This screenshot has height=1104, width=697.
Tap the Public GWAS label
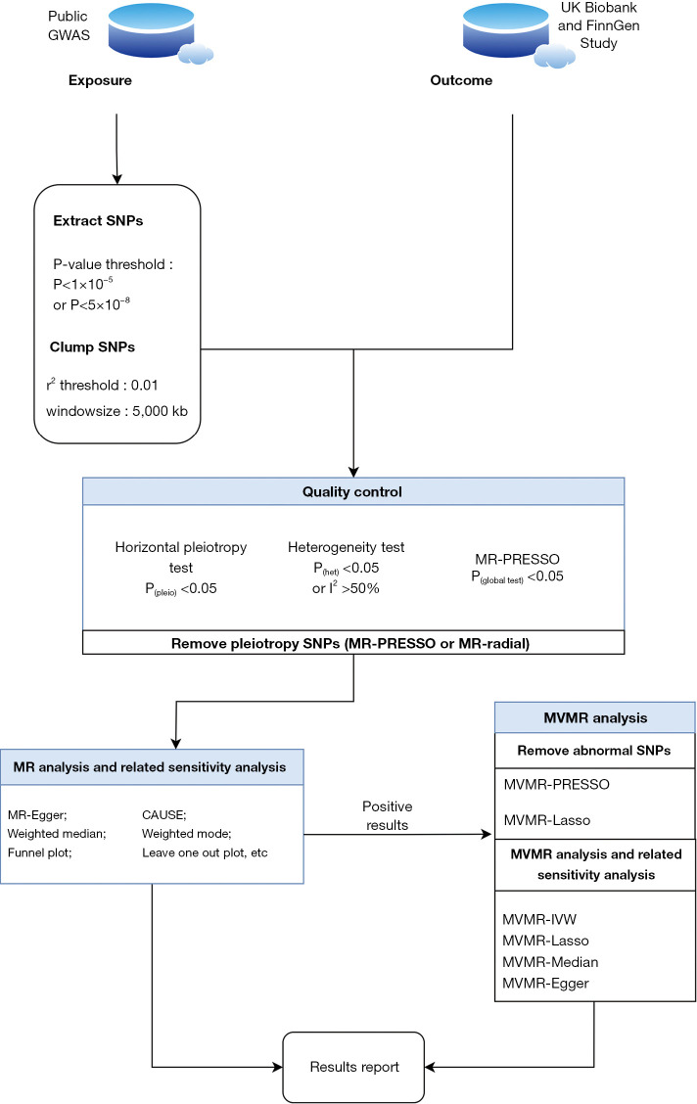(x=69, y=25)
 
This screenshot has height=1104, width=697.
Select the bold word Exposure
(x=100, y=80)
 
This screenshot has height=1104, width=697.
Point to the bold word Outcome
(x=461, y=80)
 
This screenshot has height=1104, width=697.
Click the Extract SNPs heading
(x=98, y=220)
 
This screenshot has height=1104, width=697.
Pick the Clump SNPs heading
(x=92, y=347)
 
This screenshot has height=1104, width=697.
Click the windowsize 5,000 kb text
(x=116, y=411)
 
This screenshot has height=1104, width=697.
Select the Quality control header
(x=352, y=491)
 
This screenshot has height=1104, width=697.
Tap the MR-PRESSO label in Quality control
(x=518, y=559)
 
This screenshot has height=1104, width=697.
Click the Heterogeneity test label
(x=347, y=547)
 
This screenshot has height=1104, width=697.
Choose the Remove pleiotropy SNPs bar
(x=353, y=643)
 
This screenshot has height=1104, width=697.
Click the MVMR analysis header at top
(x=595, y=717)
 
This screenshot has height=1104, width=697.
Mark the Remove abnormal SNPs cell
(x=595, y=751)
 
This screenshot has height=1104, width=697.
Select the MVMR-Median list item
(x=550, y=962)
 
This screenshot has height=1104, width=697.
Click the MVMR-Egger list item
(x=545, y=984)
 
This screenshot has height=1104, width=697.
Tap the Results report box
(x=353, y=1068)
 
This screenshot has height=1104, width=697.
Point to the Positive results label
(x=388, y=815)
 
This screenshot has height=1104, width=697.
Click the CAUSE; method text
(x=164, y=814)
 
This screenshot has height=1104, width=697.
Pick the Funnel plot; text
(x=39, y=852)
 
